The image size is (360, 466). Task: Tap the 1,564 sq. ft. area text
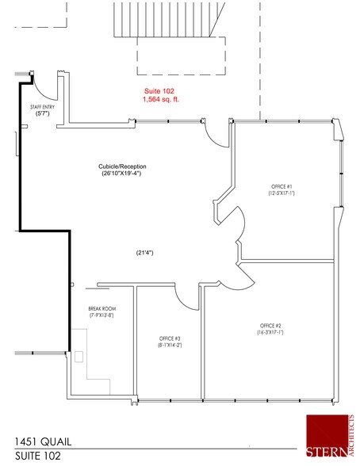[x=159, y=100]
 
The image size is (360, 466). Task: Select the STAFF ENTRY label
[x=42, y=105]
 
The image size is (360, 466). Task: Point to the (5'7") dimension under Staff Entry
[x=43, y=113]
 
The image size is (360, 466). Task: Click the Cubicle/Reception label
[x=123, y=166]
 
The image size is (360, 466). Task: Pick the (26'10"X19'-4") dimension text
[x=123, y=174]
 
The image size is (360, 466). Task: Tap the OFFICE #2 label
[x=270, y=326]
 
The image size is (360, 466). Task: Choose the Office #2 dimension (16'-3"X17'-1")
[x=270, y=333]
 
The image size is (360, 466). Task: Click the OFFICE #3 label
[x=170, y=338]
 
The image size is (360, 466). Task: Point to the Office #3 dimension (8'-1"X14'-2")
[x=170, y=346]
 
